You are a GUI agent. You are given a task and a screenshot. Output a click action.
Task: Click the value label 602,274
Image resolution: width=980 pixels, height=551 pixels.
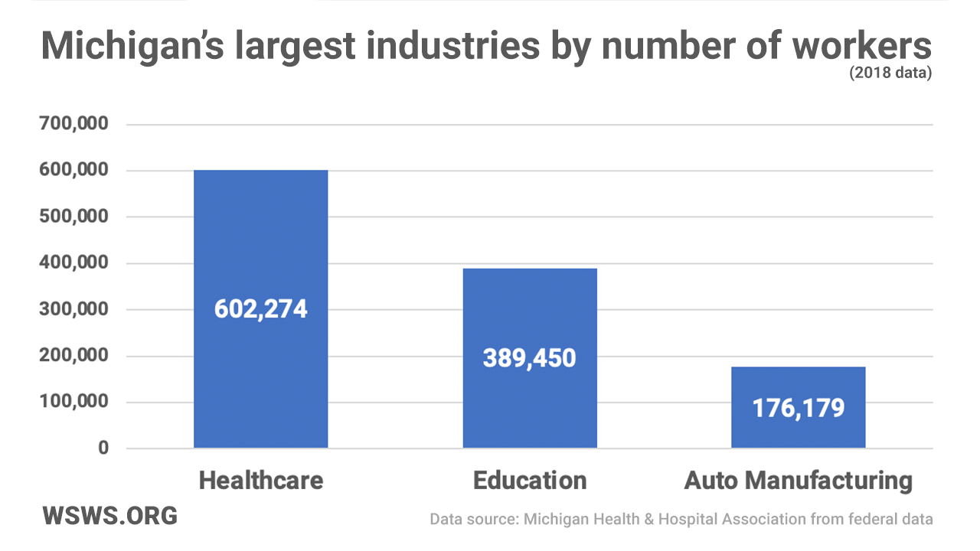[260, 309]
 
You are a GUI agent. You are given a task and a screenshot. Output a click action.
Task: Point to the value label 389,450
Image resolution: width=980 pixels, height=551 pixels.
[530, 357]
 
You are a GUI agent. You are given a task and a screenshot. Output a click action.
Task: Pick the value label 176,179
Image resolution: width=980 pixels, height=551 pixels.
[798, 408]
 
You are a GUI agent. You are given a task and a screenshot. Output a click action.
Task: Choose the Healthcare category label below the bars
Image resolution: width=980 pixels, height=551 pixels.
[260, 481]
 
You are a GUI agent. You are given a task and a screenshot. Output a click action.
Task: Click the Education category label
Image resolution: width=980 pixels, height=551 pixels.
[530, 481]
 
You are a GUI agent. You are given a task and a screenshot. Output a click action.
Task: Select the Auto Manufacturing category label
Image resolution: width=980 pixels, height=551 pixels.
[798, 481]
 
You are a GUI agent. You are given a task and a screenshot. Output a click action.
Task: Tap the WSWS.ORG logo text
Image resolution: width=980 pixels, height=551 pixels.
[110, 515]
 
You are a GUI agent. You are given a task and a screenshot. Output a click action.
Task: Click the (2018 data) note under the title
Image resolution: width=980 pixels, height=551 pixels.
[890, 74]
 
